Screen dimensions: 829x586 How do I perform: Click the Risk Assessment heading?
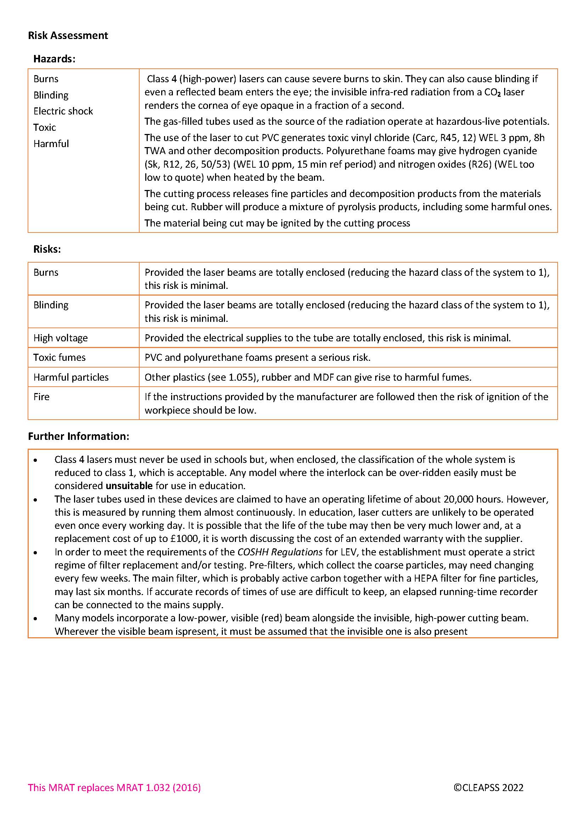click(x=68, y=35)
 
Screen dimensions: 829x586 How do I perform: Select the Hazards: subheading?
click(x=54, y=59)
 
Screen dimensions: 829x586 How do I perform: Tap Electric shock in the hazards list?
click(x=63, y=111)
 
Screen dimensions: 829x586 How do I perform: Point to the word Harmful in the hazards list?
click(x=51, y=144)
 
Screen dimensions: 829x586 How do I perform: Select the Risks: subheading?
click(x=47, y=249)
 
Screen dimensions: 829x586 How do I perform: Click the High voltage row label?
click(x=61, y=338)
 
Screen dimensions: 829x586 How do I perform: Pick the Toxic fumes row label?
click(x=60, y=358)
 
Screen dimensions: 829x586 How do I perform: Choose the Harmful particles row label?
click(x=71, y=377)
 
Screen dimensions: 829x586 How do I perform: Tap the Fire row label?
click(x=41, y=397)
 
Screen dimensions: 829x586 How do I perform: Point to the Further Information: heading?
click(x=78, y=436)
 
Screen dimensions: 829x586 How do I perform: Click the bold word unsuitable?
click(x=129, y=486)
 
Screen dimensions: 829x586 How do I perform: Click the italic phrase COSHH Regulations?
click(x=280, y=552)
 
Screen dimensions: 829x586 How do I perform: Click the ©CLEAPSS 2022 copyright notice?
click(x=488, y=788)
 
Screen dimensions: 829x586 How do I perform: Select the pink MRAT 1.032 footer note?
click(x=114, y=788)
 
